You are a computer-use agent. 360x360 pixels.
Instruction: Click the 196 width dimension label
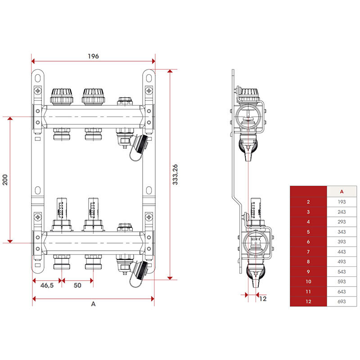tap(93, 56)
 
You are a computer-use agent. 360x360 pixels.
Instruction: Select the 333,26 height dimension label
tap(175, 175)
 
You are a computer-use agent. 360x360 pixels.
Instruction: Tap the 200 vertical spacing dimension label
tap(5, 180)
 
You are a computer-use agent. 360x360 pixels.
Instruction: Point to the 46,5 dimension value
tap(47, 285)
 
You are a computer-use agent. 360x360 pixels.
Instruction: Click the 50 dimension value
tap(77, 285)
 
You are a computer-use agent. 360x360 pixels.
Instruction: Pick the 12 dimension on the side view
tap(263, 299)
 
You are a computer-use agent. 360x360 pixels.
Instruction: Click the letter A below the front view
tap(93, 304)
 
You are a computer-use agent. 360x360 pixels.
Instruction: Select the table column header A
tap(342, 192)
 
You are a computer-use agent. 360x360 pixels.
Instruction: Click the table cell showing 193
tap(342, 202)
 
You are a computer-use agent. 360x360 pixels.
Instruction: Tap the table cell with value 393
tap(342, 242)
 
